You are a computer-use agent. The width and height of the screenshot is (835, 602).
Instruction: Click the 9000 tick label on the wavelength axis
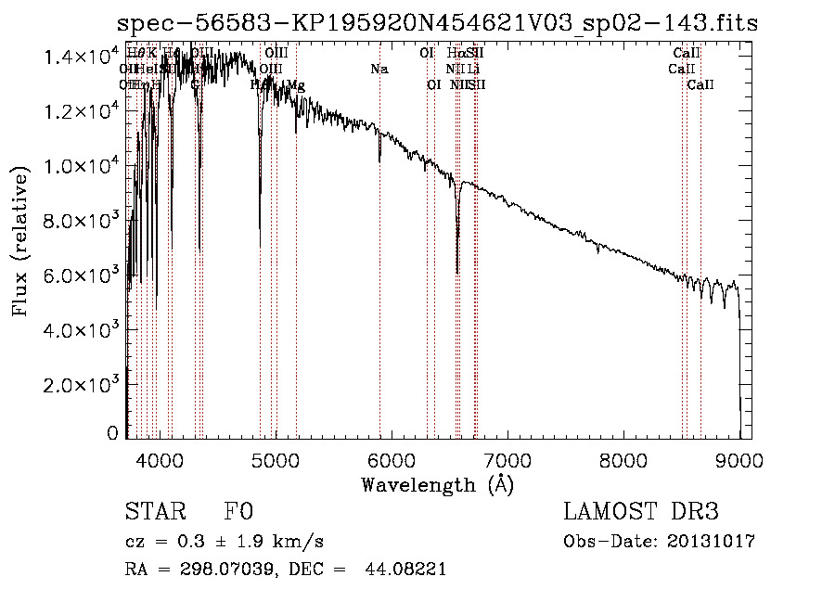pos(739,460)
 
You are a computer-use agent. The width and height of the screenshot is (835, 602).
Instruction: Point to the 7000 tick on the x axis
pos(507,460)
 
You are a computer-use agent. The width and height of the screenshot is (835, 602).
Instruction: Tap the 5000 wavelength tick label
pos(276,460)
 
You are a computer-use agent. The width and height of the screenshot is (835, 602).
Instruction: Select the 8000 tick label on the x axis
pos(623,460)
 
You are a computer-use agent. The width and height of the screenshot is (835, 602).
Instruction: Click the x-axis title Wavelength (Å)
pos(437,484)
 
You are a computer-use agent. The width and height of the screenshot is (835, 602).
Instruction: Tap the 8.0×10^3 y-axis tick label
pos(81,221)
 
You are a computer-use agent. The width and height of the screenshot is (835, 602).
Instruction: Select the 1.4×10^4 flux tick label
pos(81,58)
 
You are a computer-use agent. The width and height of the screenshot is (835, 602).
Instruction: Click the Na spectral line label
pos(379,69)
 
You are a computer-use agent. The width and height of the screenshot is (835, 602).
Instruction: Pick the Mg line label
pos(296,85)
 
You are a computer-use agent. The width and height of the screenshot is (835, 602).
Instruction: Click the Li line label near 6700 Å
pos(473,69)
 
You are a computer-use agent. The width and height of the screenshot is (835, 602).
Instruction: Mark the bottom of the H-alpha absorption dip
pos(457,272)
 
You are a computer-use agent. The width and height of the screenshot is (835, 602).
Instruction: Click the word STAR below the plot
pos(148,513)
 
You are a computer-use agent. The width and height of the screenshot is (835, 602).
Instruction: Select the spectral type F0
pos(238,513)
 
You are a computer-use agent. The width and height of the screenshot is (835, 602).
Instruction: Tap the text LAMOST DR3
pos(641,513)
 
